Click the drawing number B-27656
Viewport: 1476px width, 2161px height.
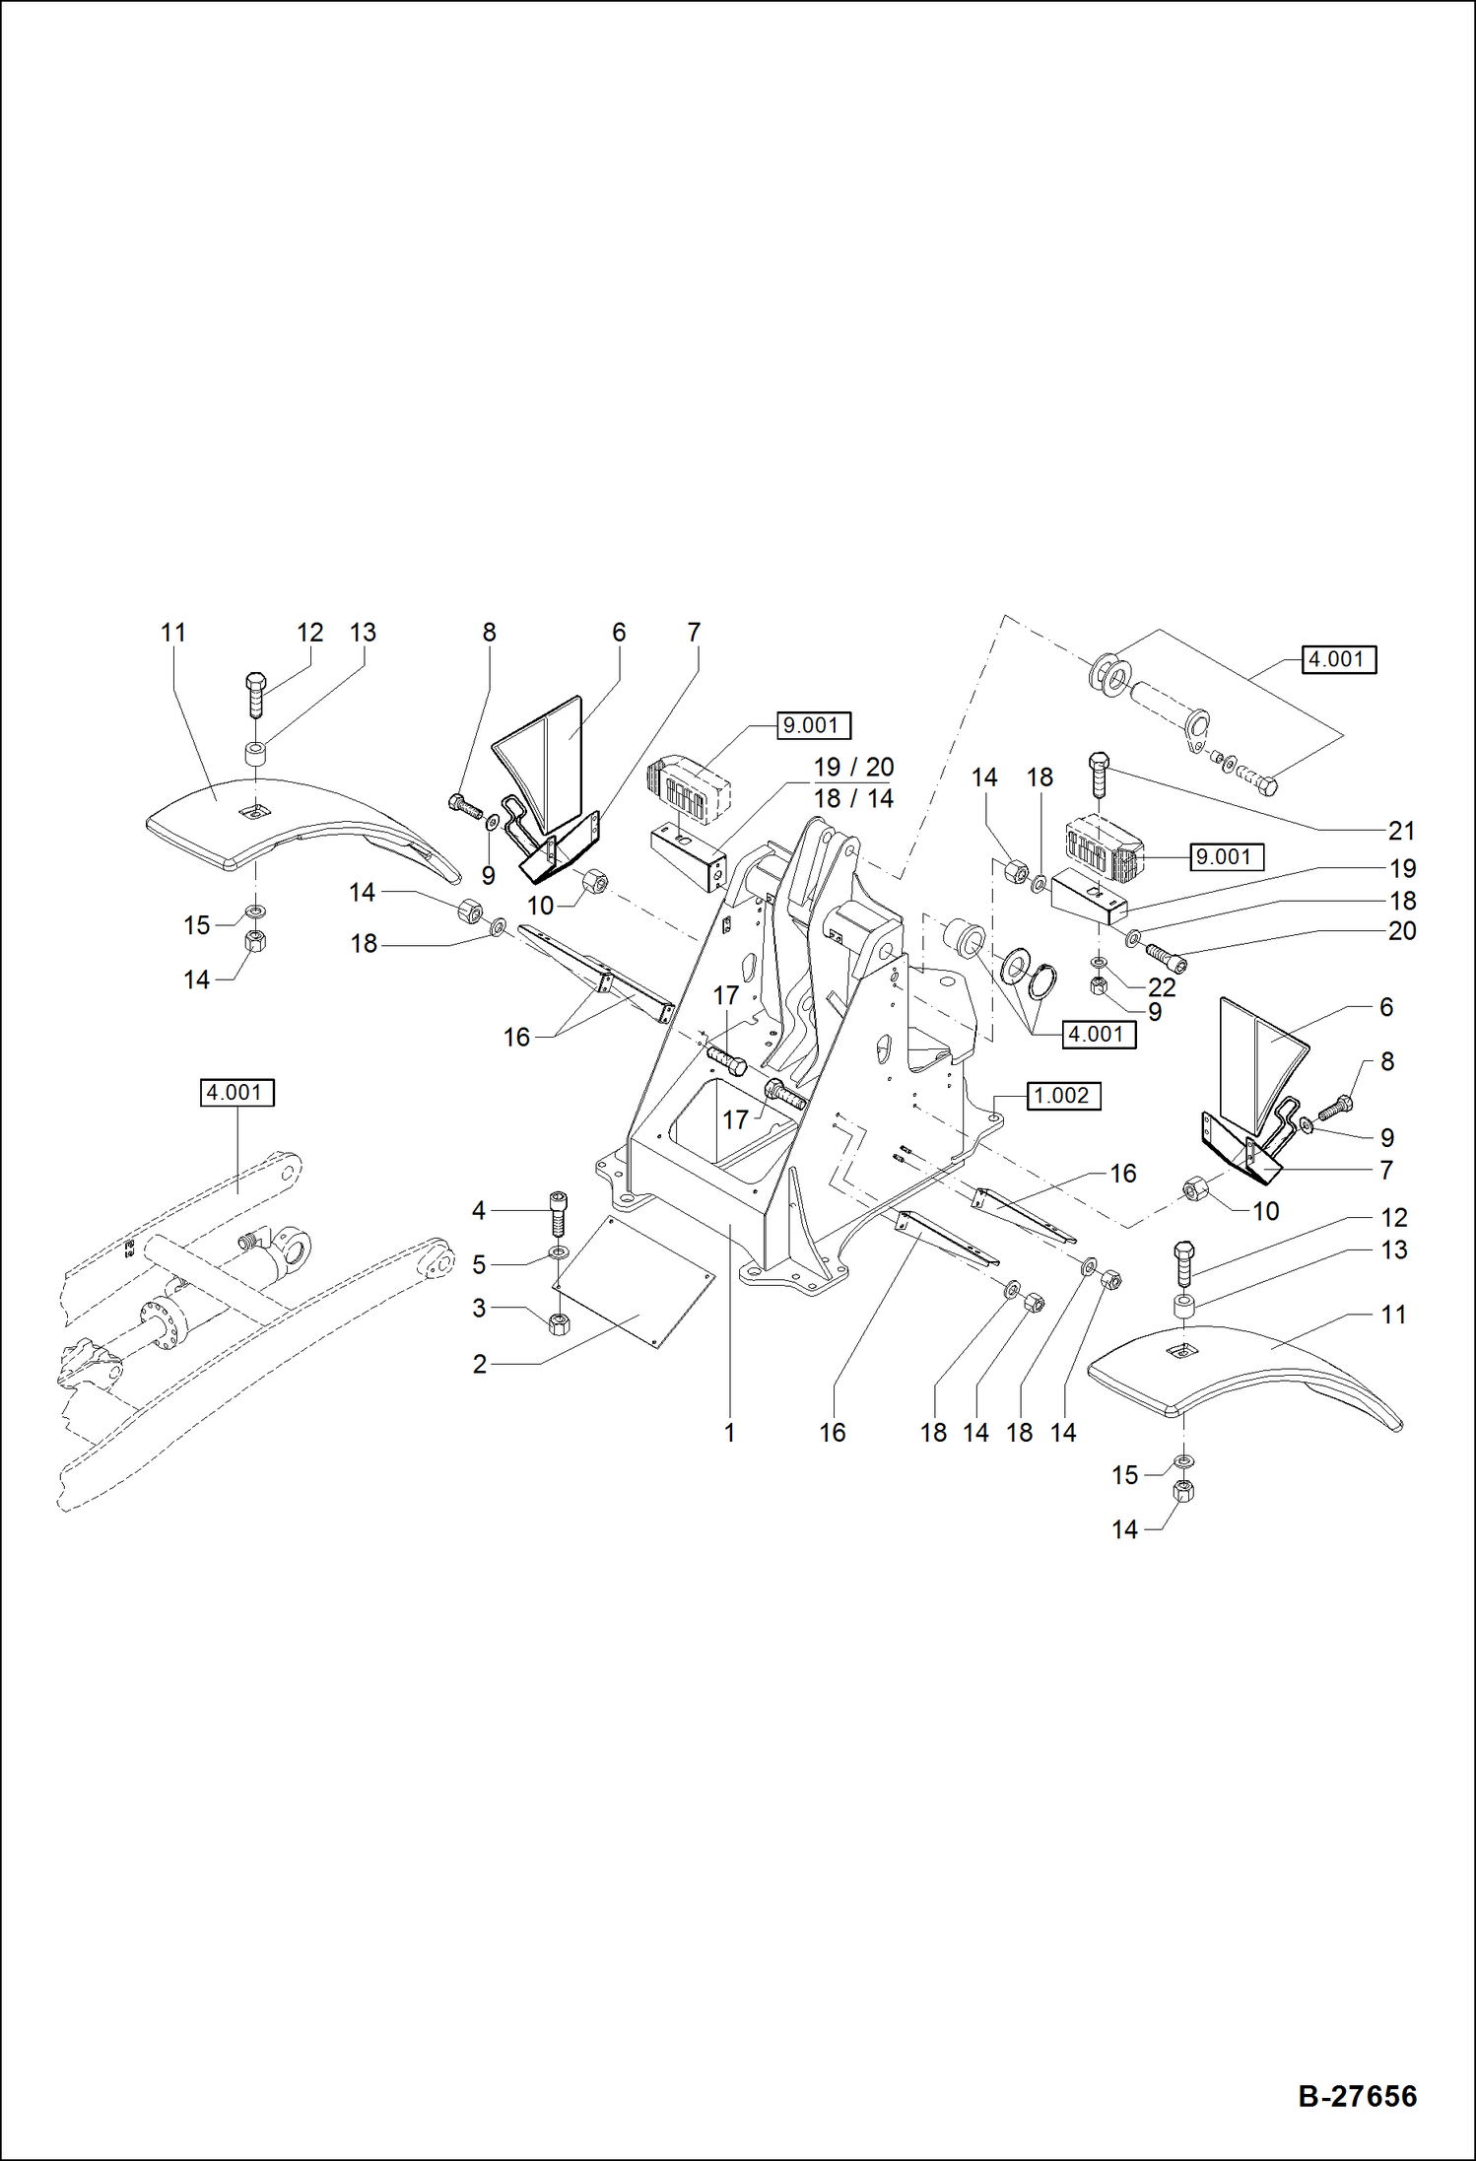[1357, 2096]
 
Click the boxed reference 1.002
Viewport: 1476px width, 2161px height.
[1062, 1096]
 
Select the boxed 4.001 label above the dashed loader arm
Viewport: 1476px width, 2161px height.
[236, 1093]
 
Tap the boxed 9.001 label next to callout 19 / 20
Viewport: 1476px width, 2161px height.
[812, 725]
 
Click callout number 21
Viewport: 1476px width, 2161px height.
[1401, 831]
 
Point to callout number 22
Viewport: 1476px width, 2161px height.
[1162, 986]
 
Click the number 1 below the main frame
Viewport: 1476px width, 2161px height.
[729, 1433]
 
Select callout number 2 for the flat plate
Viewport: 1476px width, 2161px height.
[480, 1364]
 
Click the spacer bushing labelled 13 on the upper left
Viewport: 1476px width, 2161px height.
[256, 756]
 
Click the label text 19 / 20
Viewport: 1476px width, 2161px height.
[853, 767]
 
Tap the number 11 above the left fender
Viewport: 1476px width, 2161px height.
[173, 633]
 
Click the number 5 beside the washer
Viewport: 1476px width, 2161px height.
[479, 1264]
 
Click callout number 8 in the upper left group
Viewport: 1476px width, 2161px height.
[489, 633]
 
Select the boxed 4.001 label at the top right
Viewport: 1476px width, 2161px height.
[1338, 659]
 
